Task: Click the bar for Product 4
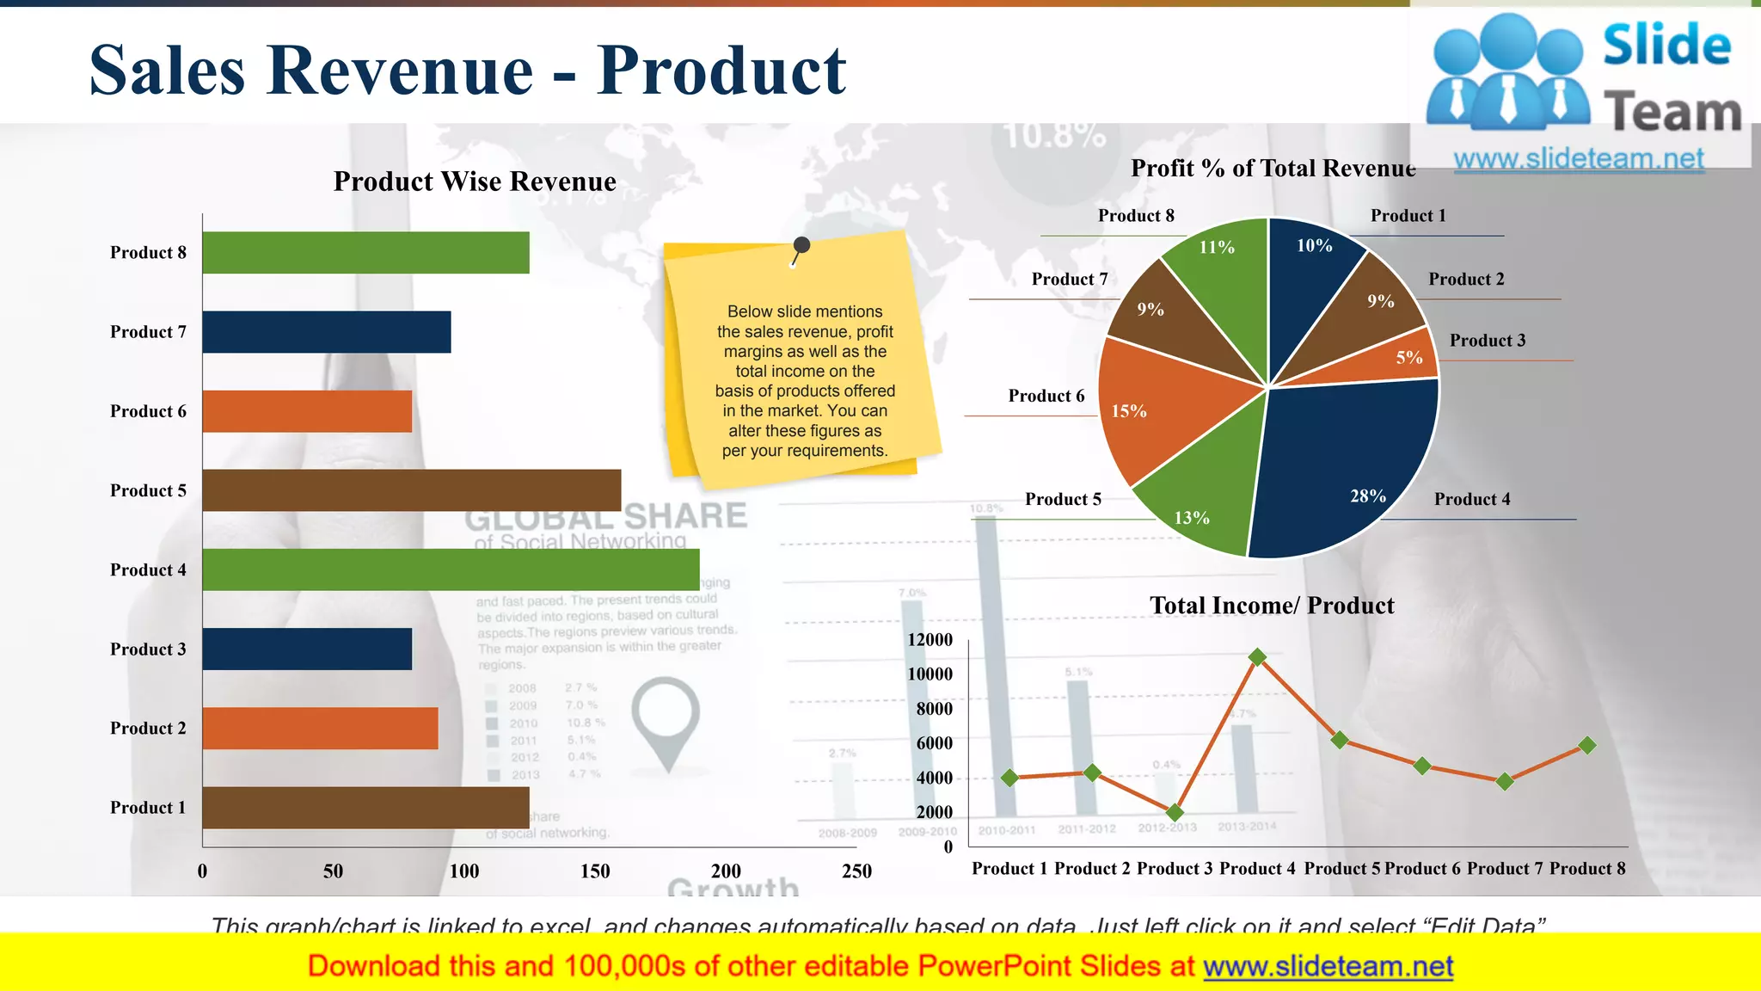pyautogui.click(x=451, y=569)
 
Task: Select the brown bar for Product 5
pyautogui.click(x=411, y=490)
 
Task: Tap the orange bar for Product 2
pyautogui.click(x=320, y=728)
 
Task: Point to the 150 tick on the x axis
pyautogui.click(x=595, y=871)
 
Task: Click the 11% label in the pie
pyautogui.click(x=1217, y=248)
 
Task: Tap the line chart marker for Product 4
pyautogui.click(x=1257, y=657)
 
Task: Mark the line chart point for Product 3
pyautogui.click(x=1175, y=812)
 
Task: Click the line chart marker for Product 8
pyautogui.click(x=1587, y=745)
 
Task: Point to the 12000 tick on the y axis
pyautogui.click(x=930, y=640)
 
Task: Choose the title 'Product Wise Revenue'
pyautogui.click(x=475, y=182)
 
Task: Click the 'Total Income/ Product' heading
pyautogui.click(x=1272, y=606)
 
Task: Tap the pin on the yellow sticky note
pyautogui.click(x=801, y=247)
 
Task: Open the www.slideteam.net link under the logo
pyautogui.click(x=1579, y=159)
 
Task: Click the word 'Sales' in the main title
pyautogui.click(x=168, y=71)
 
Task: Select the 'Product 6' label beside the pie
pyautogui.click(x=1046, y=396)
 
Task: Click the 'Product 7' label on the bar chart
pyautogui.click(x=148, y=332)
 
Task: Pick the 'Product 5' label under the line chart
pyautogui.click(x=1342, y=869)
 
